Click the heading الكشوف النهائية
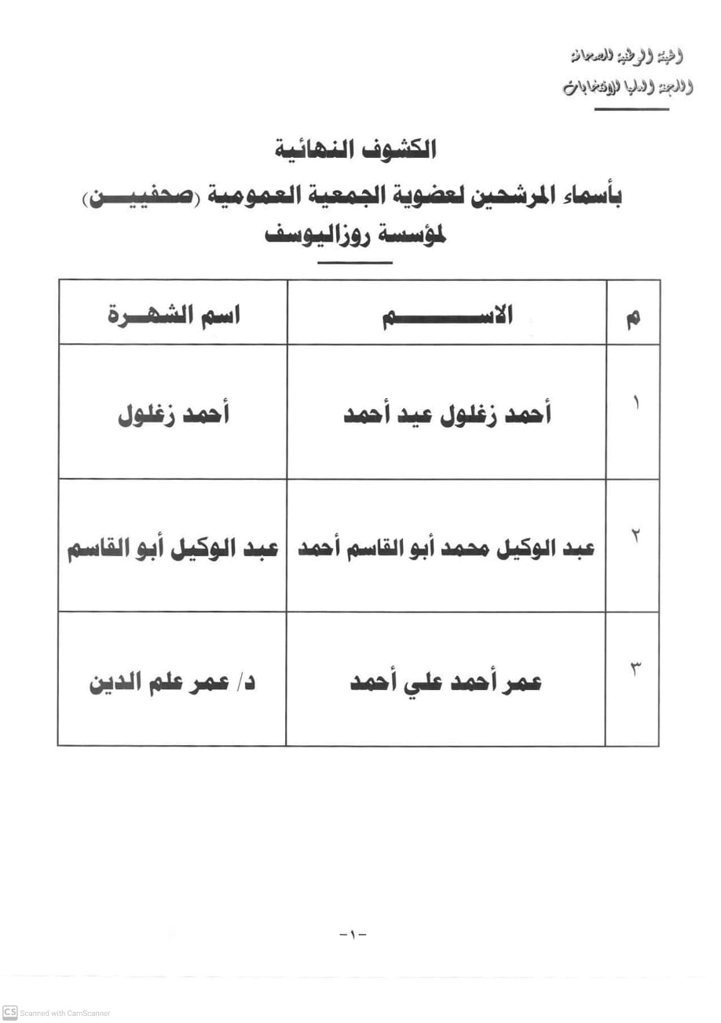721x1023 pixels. click(356, 149)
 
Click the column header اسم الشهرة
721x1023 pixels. click(173, 316)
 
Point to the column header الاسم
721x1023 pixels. click(447, 316)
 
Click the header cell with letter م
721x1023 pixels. click(632, 316)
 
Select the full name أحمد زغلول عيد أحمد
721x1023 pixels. click(447, 415)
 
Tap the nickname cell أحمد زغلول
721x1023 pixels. click(173, 415)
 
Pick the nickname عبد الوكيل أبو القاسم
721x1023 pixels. click(173, 548)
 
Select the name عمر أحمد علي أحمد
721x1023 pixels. click(446, 681)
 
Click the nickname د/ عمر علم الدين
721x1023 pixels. click(173, 681)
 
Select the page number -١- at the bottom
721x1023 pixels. click(353, 934)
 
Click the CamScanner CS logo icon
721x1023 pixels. click(10, 1012)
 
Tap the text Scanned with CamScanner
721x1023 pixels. click(65, 1013)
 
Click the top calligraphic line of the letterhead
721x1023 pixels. click(627, 57)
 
